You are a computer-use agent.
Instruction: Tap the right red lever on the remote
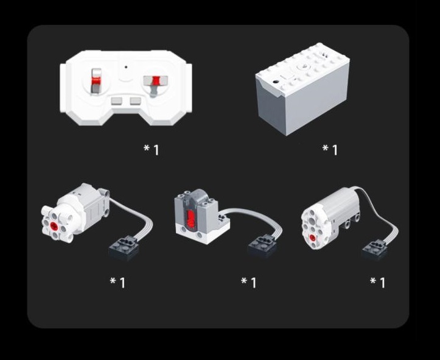tap(155, 80)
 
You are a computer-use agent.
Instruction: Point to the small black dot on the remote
tap(126, 67)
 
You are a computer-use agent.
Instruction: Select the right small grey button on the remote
tap(136, 101)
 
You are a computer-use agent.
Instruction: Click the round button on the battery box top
tap(302, 66)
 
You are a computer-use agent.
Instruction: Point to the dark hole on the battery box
tap(276, 82)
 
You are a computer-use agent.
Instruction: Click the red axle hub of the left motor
tap(54, 225)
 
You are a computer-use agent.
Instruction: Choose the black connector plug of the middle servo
tap(263, 246)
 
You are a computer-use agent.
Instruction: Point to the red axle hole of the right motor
tap(312, 238)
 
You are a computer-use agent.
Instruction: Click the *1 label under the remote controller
tap(152, 150)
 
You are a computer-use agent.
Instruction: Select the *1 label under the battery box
tap(330, 150)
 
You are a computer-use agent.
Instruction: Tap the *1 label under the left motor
tap(117, 283)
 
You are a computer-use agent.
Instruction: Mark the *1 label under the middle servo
tap(249, 283)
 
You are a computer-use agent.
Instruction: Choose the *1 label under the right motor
tap(378, 283)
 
